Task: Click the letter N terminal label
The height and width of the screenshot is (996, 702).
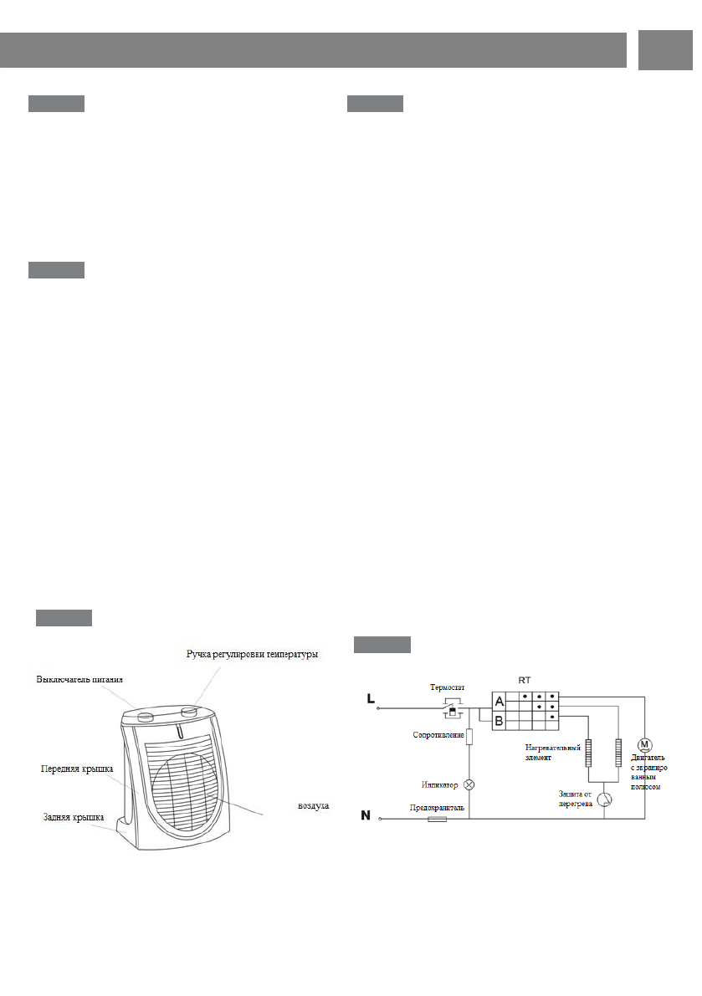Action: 367,815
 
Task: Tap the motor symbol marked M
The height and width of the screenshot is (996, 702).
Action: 644,743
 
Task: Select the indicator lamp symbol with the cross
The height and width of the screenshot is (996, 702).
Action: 469,784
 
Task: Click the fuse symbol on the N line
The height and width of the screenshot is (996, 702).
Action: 437,820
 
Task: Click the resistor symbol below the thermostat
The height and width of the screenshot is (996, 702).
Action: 469,737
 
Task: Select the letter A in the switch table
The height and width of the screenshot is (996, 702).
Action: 500,702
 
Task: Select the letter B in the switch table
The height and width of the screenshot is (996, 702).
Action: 500,720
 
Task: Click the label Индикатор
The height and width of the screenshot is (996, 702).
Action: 440,784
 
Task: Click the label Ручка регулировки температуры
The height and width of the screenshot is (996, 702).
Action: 252,653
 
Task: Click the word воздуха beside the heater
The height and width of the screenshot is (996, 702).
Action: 314,806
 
